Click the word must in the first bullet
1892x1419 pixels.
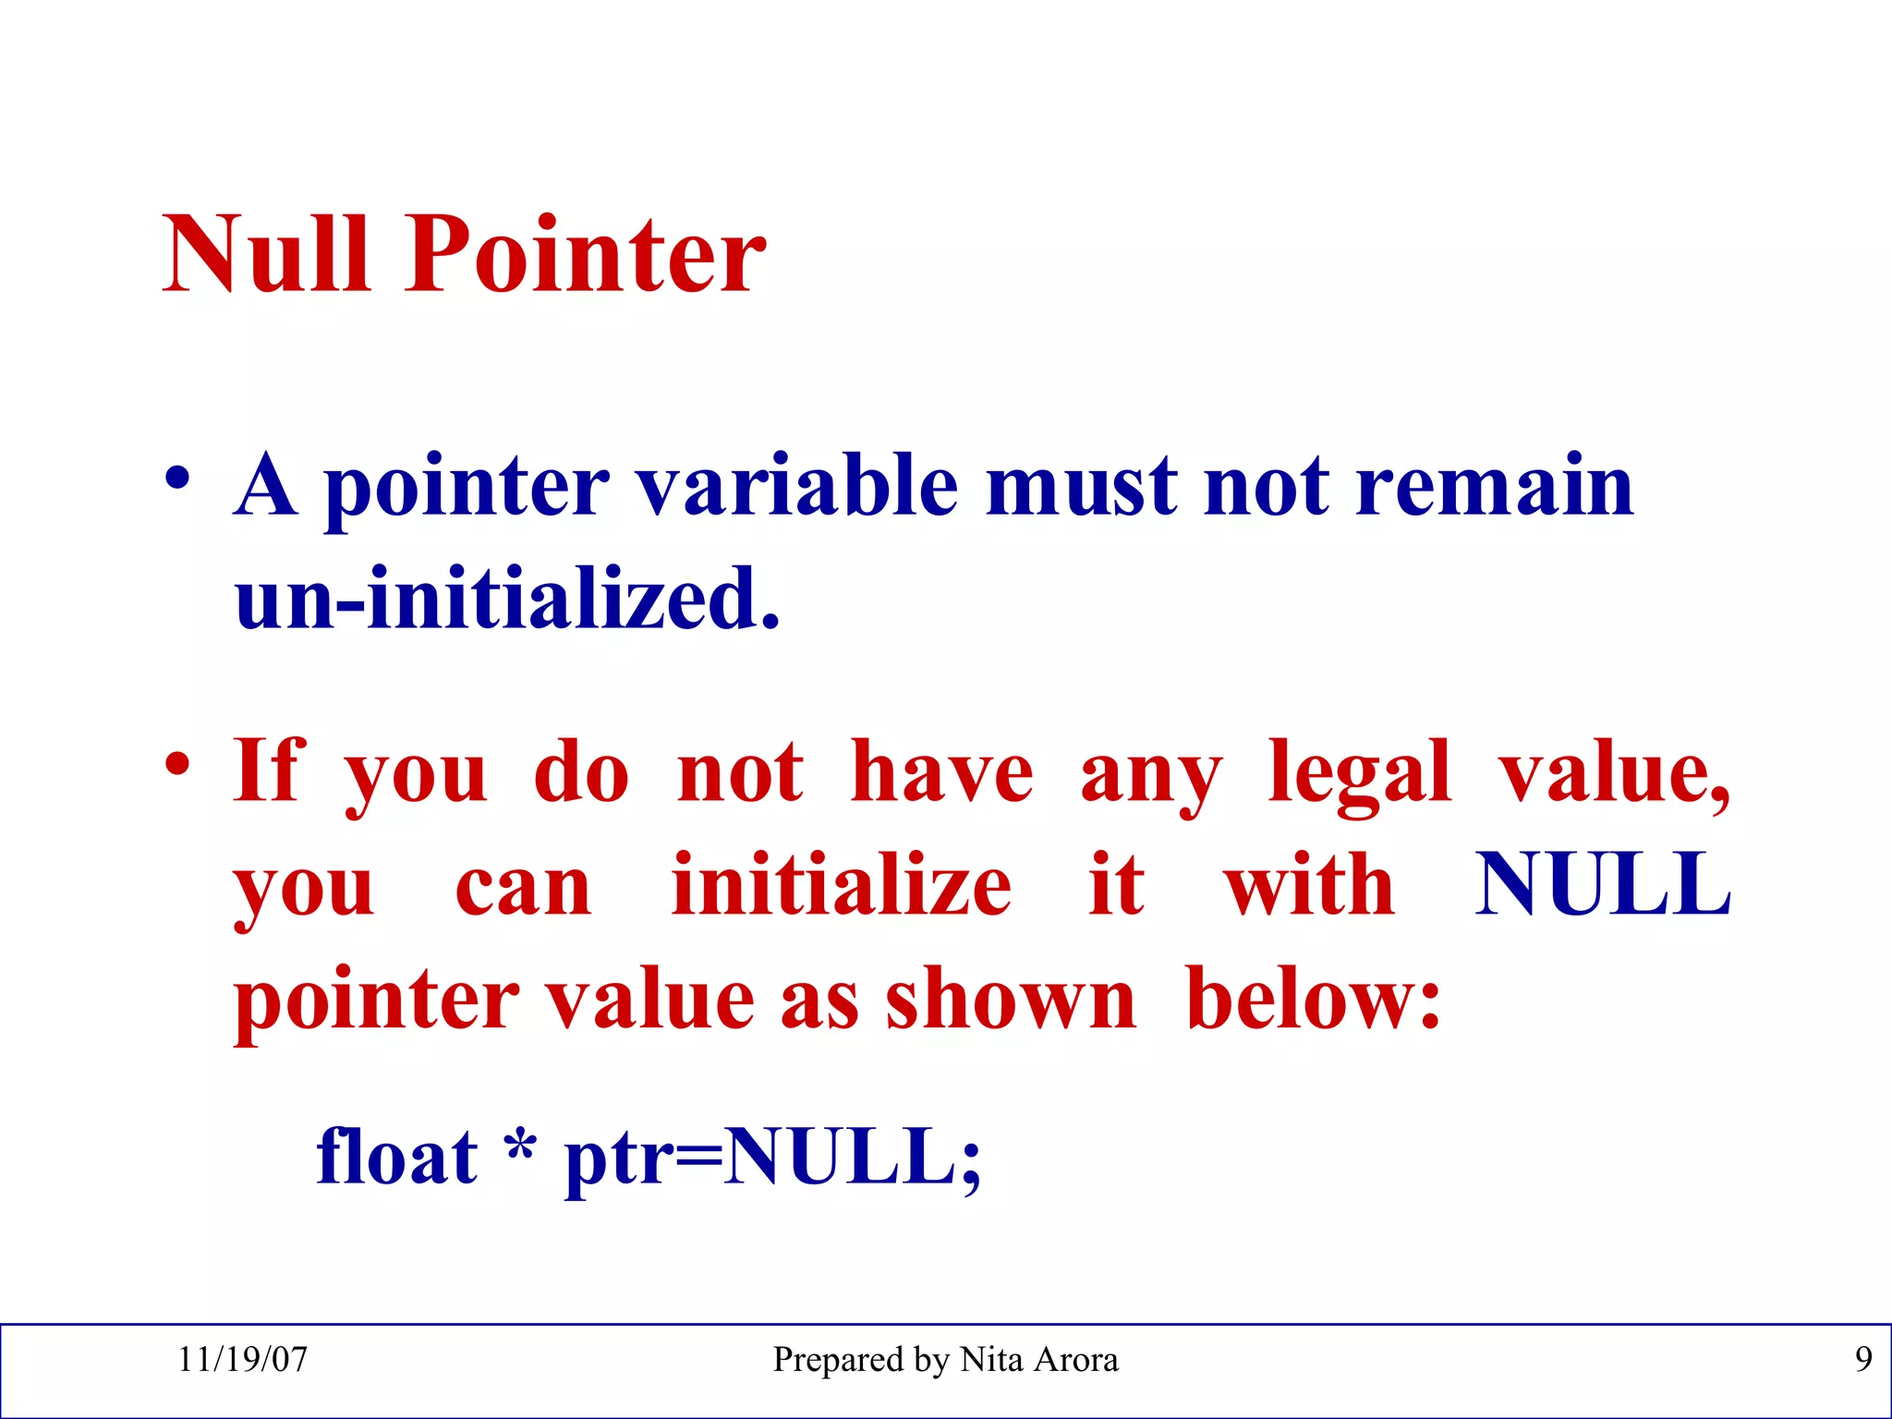pos(1082,486)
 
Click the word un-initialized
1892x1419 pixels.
pos(507,599)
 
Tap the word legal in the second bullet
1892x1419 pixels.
pos(1359,772)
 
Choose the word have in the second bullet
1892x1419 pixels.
pos(941,772)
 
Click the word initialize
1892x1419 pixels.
pos(841,885)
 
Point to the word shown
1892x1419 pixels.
pos(1011,1000)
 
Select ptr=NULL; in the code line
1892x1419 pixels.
pos(772,1158)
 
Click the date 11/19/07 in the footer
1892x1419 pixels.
pos(242,1360)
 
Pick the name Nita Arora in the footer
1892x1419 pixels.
pos(1038,1360)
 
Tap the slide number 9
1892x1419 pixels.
pos(1862,1360)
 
